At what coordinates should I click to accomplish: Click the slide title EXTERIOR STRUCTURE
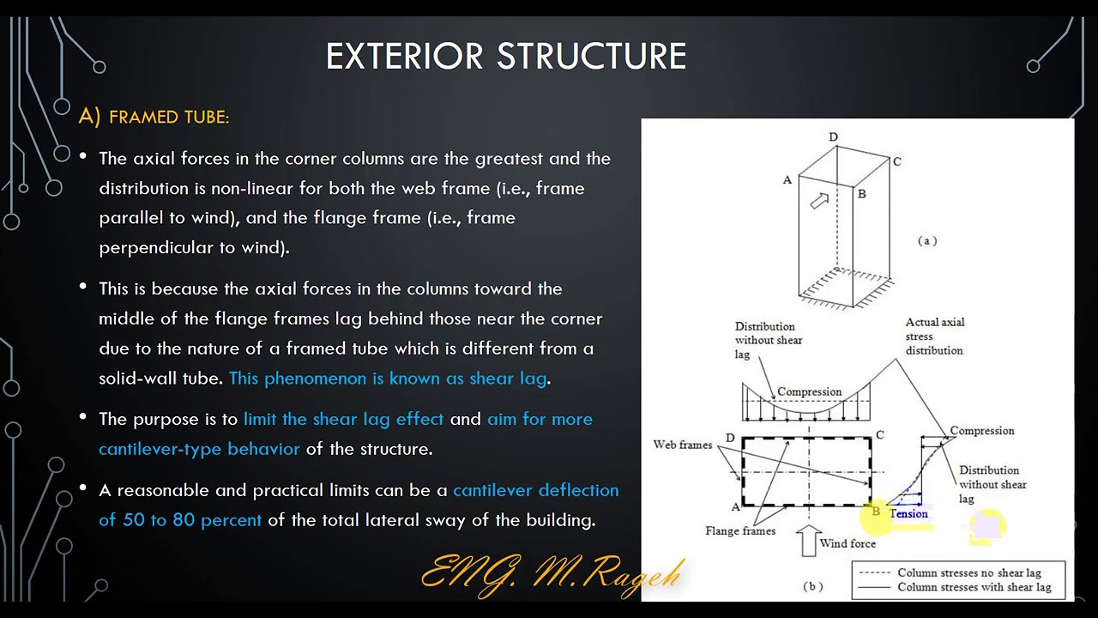pyautogui.click(x=506, y=57)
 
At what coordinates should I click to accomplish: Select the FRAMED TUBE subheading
pyautogui.click(x=169, y=117)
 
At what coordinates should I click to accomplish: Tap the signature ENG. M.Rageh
pyautogui.click(x=552, y=572)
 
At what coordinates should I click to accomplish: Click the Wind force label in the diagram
pyautogui.click(x=848, y=543)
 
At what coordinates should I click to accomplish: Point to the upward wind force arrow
pyautogui.click(x=808, y=541)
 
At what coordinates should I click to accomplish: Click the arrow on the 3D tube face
pyautogui.click(x=820, y=201)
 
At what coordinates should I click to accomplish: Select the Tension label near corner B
pyautogui.click(x=909, y=514)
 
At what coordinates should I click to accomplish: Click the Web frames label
pyautogui.click(x=682, y=445)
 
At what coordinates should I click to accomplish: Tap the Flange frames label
pyautogui.click(x=739, y=531)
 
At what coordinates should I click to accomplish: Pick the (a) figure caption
pyautogui.click(x=927, y=241)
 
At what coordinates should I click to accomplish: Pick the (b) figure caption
pyautogui.click(x=812, y=586)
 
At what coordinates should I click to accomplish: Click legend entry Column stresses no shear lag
pyautogui.click(x=968, y=573)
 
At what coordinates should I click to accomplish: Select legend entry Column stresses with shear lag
pyautogui.click(x=974, y=587)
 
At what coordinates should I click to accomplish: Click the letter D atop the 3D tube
pyautogui.click(x=833, y=137)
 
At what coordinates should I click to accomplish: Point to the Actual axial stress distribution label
pyautogui.click(x=934, y=336)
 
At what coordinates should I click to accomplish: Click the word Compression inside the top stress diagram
pyautogui.click(x=809, y=392)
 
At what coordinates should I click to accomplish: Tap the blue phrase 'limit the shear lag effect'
pyautogui.click(x=343, y=419)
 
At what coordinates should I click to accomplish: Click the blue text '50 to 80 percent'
pyautogui.click(x=192, y=520)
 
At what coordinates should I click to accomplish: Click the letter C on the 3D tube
pyautogui.click(x=896, y=161)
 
